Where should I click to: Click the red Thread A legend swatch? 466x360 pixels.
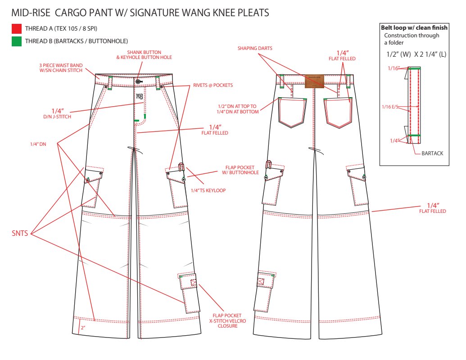pos(17,29)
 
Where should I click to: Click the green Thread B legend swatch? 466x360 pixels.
pos(17,41)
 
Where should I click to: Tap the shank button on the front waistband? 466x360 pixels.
pos(138,81)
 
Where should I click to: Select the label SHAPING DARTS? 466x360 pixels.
pos(255,49)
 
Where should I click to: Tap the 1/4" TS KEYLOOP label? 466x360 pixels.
pos(208,190)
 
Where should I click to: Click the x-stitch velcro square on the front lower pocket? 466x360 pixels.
pos(194,283)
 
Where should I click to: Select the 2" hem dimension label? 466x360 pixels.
pos(83,328)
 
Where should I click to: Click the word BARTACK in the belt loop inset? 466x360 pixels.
pos(432,153)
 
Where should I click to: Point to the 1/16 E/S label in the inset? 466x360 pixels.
pos(390,107)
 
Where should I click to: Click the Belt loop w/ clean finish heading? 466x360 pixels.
pos(414,28)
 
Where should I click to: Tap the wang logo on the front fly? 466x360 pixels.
pos(140,96)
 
